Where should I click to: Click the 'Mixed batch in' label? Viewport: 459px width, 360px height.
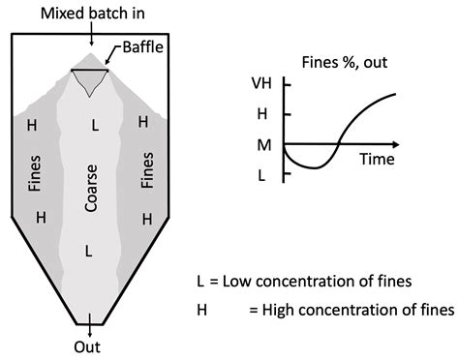[88, 12]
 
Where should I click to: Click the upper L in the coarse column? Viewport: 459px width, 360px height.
[93, 125]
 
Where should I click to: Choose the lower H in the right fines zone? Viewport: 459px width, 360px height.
[147, 219]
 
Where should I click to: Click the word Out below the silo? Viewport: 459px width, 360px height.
[88, 345]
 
